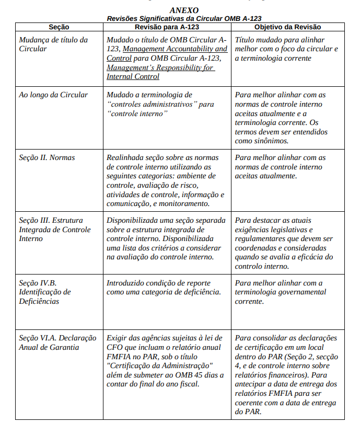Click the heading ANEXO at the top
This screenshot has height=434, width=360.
(184, 10)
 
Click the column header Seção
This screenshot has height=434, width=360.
(59, 27)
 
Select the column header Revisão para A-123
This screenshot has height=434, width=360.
(167, 27)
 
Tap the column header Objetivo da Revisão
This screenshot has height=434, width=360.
(287, 27)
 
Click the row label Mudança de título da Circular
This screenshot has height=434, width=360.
(53, 44)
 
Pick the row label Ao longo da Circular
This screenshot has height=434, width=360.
(53, 95)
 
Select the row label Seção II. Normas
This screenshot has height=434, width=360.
(47, 157)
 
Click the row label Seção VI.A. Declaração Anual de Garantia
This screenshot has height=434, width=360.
(57, 342)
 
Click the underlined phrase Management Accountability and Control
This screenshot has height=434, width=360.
(167, 53)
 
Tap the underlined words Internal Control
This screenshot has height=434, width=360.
(133, 76)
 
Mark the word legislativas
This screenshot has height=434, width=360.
(282, 230)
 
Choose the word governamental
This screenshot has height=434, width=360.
(303, 292)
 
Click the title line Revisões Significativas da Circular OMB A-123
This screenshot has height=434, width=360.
(184, 18)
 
